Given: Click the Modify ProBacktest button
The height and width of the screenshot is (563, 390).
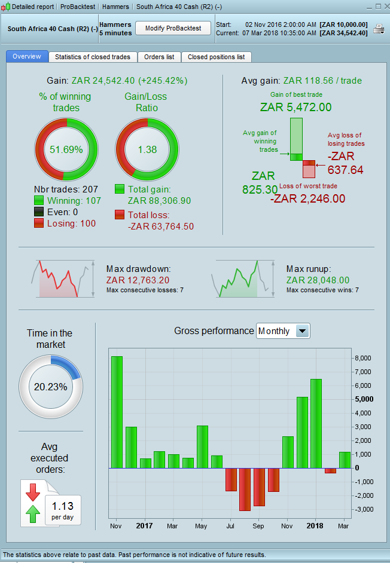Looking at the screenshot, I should coord(173,28).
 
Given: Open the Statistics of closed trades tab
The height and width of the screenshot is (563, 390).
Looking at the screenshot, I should coord(93,57).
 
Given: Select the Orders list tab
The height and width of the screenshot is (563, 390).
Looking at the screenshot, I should coord(159,57).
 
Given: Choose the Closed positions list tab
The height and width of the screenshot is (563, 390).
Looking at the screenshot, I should coord(216,57).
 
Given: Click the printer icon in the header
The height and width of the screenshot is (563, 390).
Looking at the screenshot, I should coord(379,29).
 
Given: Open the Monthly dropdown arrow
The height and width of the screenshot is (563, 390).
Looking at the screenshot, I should coord(303,331).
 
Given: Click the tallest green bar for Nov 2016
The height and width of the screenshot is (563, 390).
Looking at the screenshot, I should coord(117,412).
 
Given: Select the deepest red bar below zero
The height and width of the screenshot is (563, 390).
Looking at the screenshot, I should coord(245,489).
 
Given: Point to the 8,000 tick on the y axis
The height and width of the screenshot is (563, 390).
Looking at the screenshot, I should coord(362,358).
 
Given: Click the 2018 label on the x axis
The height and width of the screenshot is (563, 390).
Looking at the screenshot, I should coord(315,526).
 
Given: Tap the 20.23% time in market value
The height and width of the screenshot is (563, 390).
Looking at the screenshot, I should coord(50,387).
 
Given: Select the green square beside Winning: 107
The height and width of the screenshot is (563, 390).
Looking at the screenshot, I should coord(39,201).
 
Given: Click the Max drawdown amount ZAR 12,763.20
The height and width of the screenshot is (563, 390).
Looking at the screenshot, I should coord(138,280).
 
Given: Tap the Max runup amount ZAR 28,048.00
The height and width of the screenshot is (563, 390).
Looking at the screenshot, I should coord(318,280).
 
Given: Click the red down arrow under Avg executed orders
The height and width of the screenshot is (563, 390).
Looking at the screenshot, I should coord(33,492).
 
